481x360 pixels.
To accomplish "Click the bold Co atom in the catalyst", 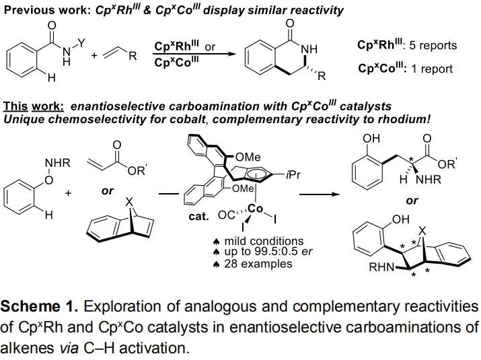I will coord(255,209).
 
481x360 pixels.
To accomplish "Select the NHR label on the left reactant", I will coord(54,162).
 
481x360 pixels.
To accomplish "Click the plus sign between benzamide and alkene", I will coord(94,56).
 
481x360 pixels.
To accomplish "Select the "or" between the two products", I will coord(412,201).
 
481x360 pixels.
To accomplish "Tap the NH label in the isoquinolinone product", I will coord(309,49).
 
